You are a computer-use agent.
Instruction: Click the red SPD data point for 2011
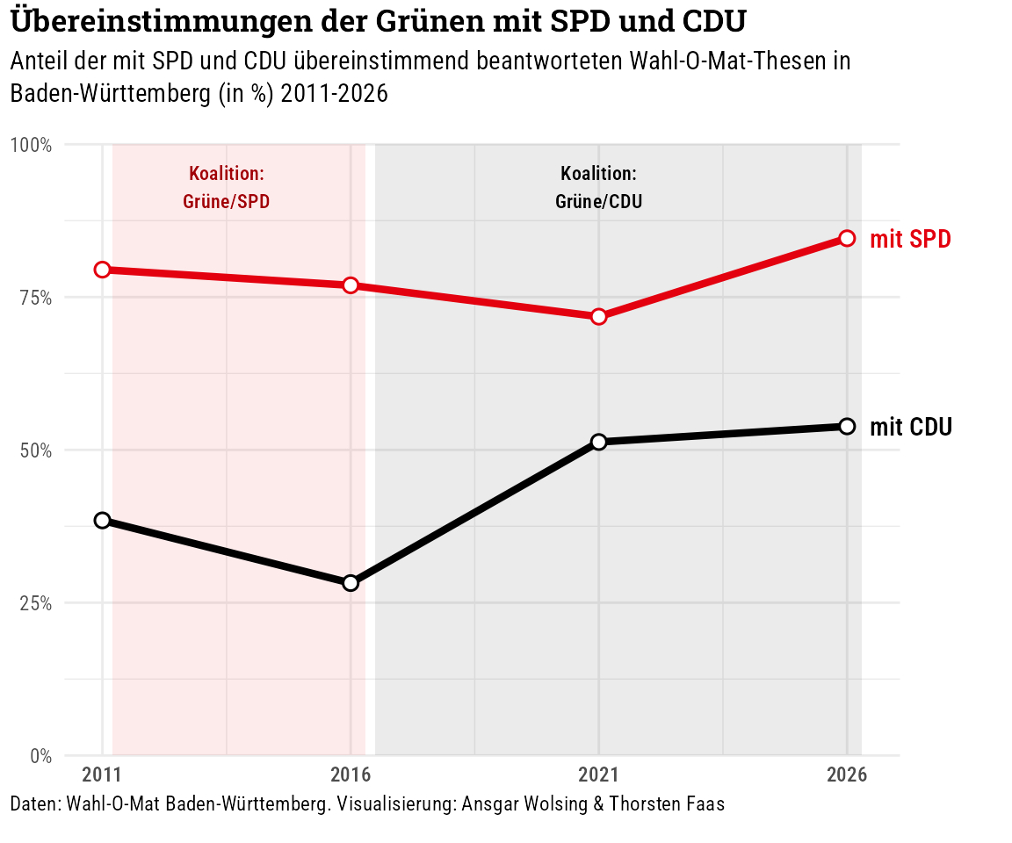tap(102, 270)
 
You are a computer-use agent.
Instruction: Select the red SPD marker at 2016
tap(351, 285)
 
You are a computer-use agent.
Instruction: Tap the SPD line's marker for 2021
tap(599, 316)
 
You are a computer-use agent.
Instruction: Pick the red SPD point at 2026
tap(847, 238)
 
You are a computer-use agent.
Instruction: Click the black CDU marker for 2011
tap(102, 520)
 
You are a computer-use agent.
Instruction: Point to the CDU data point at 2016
tap(351, 583)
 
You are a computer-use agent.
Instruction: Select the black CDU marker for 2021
tap(599, 442)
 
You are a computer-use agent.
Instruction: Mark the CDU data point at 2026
tap(847, 426)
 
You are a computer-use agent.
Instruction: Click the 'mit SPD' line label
tap(910, 239)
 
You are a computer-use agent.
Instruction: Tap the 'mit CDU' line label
tap(911, 428)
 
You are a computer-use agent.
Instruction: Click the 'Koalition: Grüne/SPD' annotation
tap(227, 187)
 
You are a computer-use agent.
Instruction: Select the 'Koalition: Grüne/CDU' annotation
tap(598, 187)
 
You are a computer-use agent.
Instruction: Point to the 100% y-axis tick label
tap(35, 145)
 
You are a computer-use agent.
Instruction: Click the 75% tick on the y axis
tap(38, 298)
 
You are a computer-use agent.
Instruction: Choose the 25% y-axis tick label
tap(38, 603)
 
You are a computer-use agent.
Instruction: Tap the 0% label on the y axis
tap(41, 756)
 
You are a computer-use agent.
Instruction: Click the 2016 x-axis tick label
tap(351, 775)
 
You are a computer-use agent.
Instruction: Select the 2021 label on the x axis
tap(599, 775)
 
